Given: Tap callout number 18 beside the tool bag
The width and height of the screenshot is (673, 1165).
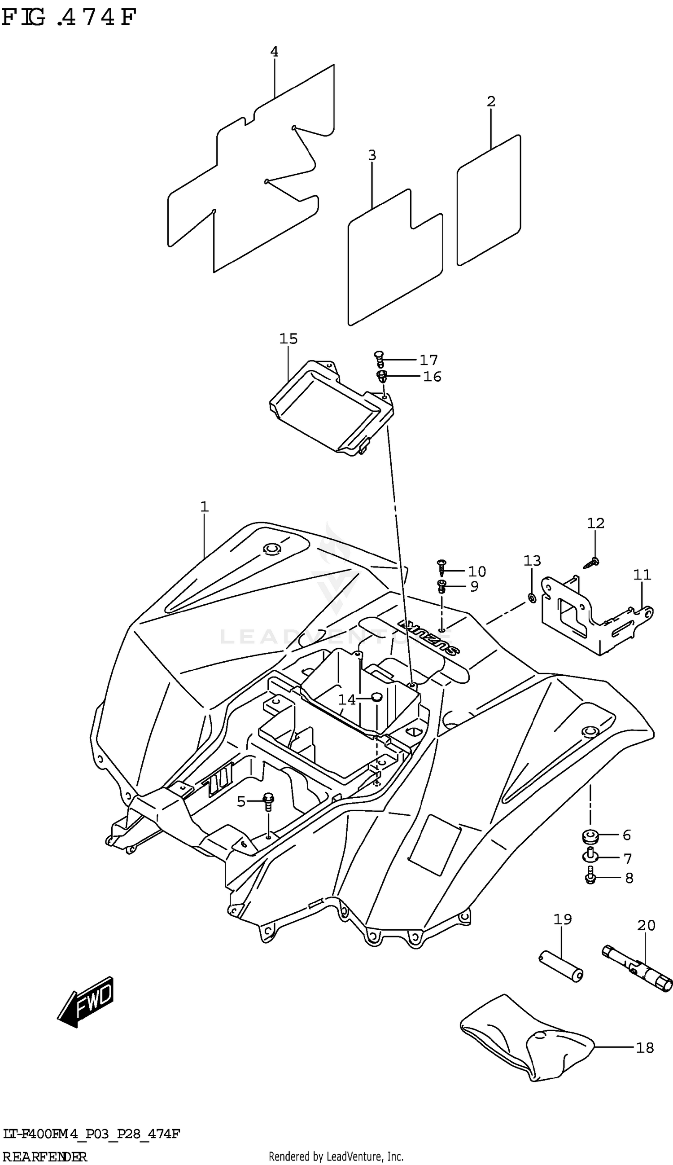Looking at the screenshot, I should coord(644,1047).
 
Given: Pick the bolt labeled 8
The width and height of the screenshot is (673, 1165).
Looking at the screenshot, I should coord(590,877).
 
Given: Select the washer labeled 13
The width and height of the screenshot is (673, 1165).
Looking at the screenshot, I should coord(532,599).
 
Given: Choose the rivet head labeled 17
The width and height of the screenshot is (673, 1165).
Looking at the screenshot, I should coord(379,357).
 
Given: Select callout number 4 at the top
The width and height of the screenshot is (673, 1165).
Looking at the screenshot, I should coord(275,52).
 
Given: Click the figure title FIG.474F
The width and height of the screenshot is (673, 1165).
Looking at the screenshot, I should coord(69,18).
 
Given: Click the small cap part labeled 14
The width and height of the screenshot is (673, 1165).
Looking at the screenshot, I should coord(376,697).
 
